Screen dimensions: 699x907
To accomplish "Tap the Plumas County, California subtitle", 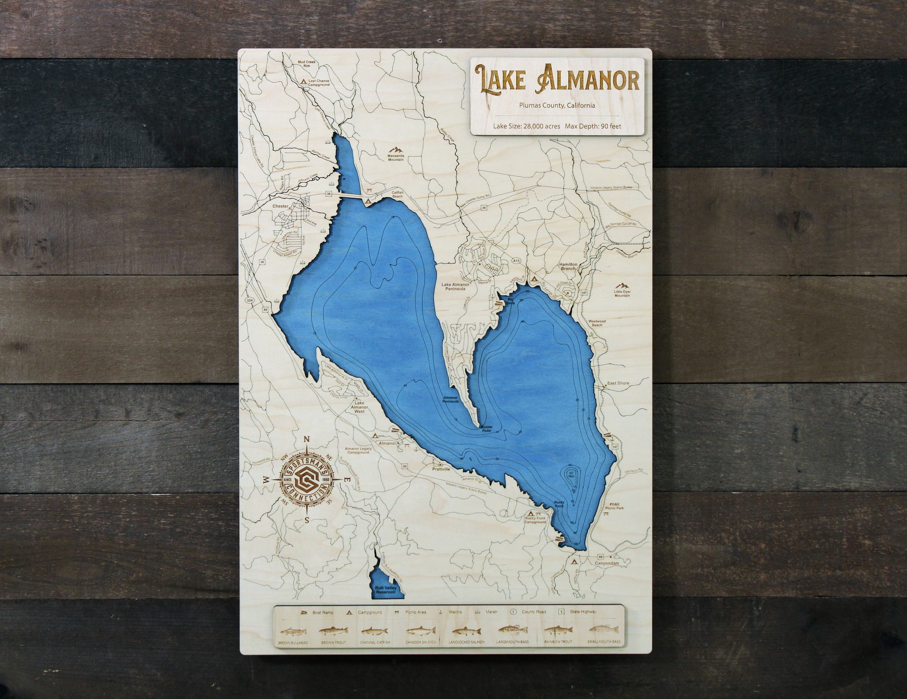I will click(557, 105).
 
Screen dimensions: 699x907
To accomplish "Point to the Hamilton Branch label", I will click(568, 266).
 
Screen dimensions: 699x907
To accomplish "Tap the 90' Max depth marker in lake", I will click(571, 474).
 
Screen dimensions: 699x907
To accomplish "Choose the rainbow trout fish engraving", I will click(558, 631).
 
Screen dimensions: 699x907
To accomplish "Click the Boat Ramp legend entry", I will click(318, 612).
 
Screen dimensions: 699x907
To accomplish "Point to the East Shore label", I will click(618, 383).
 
